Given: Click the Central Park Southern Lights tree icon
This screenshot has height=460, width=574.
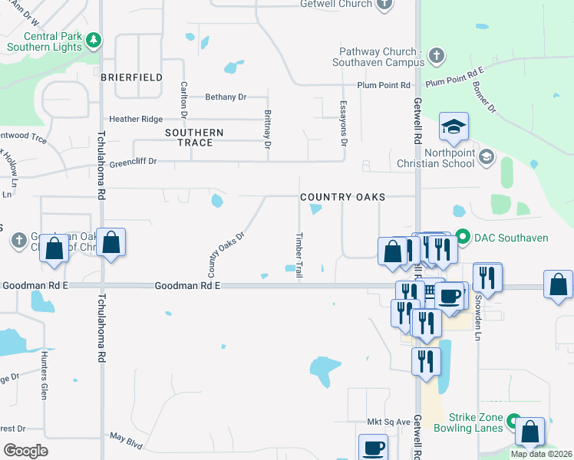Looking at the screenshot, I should (x=93, y=40).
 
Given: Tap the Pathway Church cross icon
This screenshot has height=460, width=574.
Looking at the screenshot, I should (x=435, y=55).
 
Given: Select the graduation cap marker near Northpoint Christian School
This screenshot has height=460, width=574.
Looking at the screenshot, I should (x=454, y=127).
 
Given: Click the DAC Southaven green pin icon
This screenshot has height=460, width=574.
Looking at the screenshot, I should (x=462, y=237).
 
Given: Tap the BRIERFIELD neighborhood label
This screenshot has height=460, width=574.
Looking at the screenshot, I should (x=131, y=77).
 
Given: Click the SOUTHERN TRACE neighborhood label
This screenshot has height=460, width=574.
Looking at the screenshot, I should (x=194, y=137).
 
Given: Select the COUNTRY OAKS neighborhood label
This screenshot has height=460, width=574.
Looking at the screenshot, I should (x=342, y=197).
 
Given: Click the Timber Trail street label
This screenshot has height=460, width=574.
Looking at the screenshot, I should (x=299, y=255).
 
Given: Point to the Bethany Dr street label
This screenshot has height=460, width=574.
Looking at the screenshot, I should (x=225, y=97).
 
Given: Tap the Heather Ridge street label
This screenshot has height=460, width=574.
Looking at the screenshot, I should (x=136, y=119).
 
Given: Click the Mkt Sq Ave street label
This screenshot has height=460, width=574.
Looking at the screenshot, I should (x=389, y=422).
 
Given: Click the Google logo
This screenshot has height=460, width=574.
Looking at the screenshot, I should (x=25, y=451).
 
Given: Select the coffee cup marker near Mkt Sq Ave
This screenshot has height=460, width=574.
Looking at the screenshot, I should (x=374, y=447).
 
